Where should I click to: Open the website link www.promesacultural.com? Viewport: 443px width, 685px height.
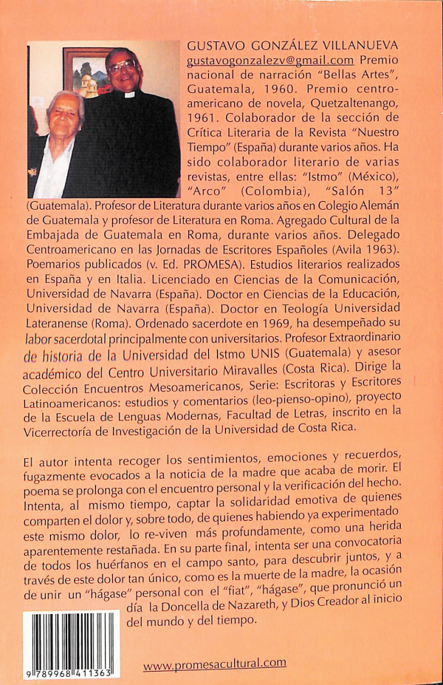tap(214, 664)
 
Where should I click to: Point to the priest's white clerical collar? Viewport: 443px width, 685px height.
tap(130, 95)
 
